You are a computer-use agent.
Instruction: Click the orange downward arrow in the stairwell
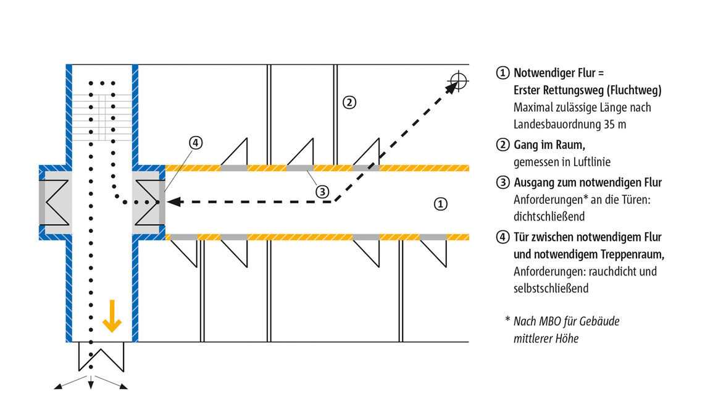(x=112, y=316)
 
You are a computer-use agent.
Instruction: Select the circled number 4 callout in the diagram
(x=195, y=143)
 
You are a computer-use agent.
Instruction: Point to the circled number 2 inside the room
(x=349, y=102)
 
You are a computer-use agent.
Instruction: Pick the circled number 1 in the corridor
(x=440, y=203)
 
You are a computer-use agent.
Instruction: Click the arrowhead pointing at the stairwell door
(x=172, y=201)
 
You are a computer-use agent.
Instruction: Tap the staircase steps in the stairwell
(x=101, y=116)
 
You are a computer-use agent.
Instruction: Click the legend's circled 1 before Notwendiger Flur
(x=503, y=73)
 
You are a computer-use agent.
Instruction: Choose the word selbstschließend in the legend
(x=551, y=289)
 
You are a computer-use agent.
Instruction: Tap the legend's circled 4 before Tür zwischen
(x=503, y=237)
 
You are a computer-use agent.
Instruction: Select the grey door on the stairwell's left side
(x=43, y=202)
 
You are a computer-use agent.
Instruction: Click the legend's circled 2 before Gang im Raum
(x=503, y=146)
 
